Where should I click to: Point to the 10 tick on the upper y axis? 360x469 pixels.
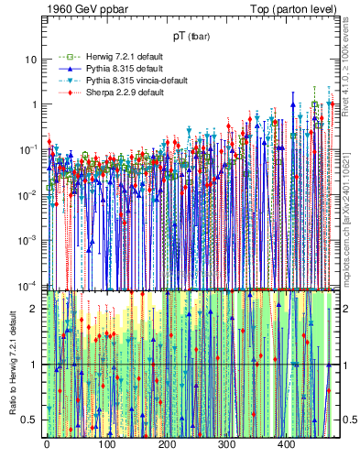[x=32, y=59]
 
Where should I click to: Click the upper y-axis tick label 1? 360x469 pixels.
[x=35, y=104]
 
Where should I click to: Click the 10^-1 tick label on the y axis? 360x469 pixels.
[x=30, y=148]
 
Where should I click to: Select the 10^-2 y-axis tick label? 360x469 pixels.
[x=30, y=194]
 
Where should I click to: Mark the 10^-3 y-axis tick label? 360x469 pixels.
[x=30, y=239]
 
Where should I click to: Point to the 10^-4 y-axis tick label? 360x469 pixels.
[x=30, y=284]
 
